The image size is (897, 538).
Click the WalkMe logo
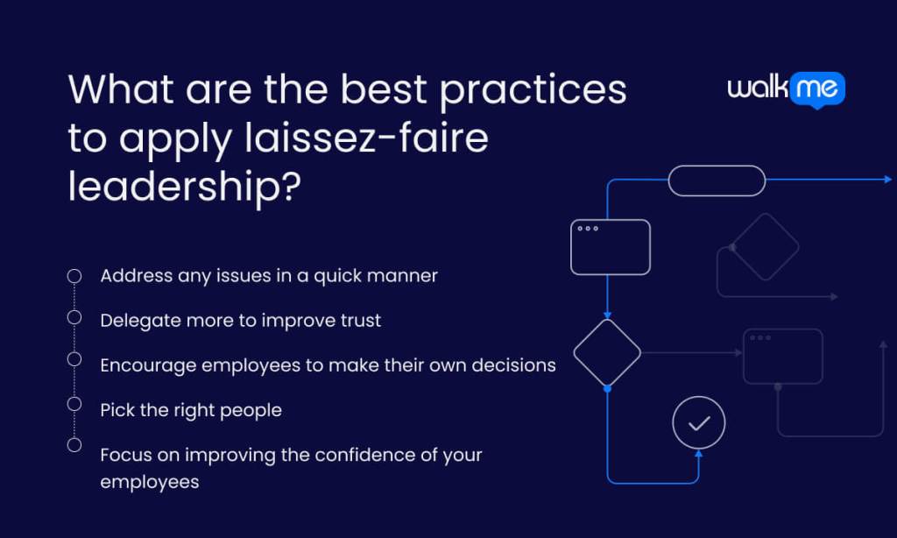(786, 88)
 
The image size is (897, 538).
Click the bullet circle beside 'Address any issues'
(74, 276)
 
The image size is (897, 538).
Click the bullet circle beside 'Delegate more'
(74, 317)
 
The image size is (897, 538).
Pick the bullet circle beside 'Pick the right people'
(74, 404)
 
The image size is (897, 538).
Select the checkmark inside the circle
(699, 423)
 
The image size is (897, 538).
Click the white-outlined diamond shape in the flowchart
(607, 353)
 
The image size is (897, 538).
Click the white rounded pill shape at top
(717, 181)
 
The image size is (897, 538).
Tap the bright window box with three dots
(611, 247)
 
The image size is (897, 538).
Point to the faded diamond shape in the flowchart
(765, 247)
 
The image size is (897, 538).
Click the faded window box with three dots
(782, 357)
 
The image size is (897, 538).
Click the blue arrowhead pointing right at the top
(886, 180)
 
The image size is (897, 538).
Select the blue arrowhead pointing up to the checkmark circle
(699, 454)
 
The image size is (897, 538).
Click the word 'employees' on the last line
(149, 482)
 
